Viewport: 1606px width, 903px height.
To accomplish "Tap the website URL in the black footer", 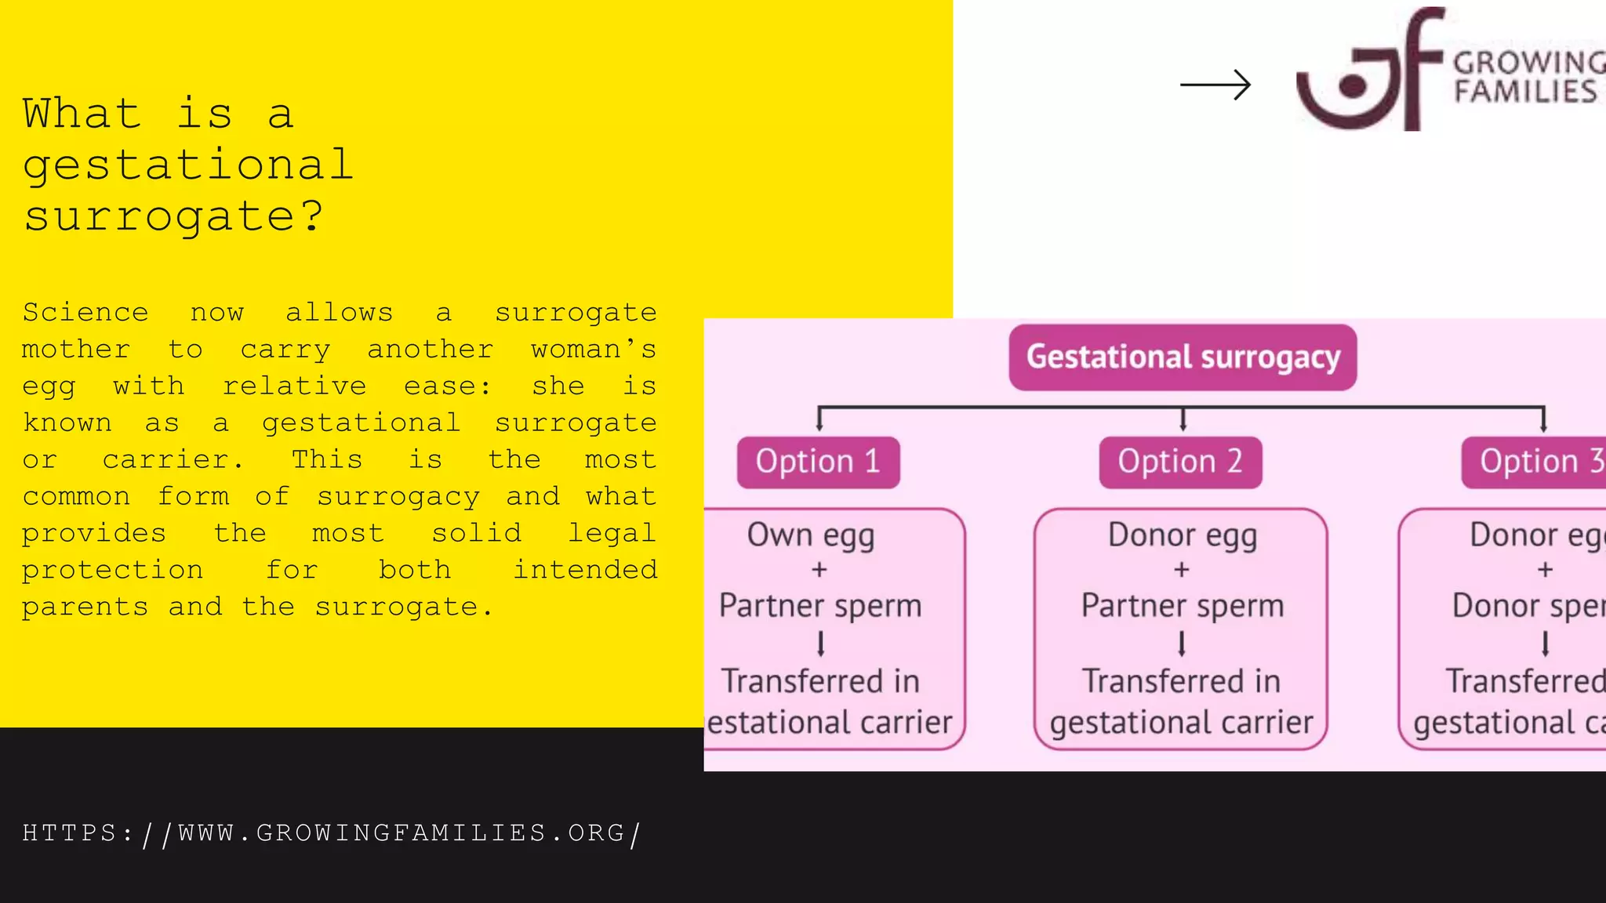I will tap(331, 833).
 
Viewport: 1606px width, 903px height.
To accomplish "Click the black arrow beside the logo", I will tap(1215, 85).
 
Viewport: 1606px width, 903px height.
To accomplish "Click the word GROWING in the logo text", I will tap(1528, 62).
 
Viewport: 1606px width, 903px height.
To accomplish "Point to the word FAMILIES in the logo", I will tap(1525, 92).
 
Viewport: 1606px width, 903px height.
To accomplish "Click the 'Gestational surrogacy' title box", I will tap(1183, 357).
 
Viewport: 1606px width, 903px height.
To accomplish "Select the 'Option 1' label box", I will tap(818, 462).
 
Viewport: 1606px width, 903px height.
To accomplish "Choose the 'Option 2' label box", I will tap(1180, 462).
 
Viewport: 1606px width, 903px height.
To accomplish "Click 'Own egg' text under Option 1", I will tap(811, 536).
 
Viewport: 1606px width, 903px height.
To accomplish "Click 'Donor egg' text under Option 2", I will tap(1182, 536).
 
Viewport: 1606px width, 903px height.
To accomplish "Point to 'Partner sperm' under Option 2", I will tap(1182, 606).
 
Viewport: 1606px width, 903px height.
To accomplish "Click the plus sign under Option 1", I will tap(819, 570).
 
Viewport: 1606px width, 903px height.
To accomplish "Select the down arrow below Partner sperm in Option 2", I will tap(1182, 644).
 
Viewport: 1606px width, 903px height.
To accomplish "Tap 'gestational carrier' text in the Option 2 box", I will tap(1181, 723).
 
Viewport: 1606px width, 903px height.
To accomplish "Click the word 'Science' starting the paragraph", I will tap(85, 313).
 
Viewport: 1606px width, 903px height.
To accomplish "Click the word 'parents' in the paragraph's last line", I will tap(85, 607).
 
